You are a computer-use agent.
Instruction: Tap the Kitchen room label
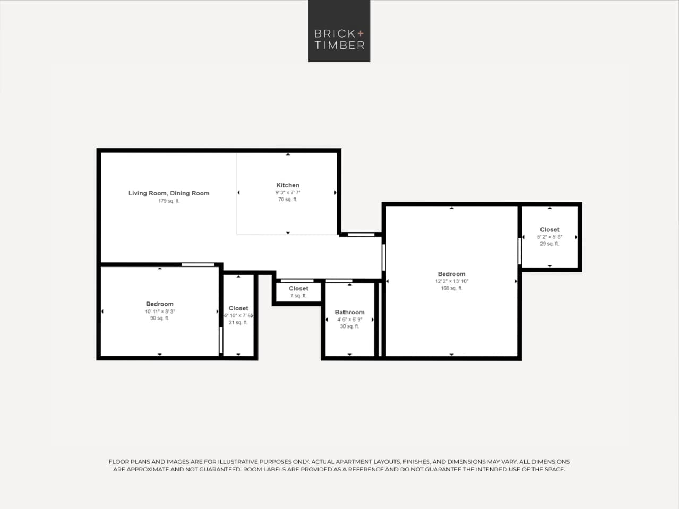click(288, 185)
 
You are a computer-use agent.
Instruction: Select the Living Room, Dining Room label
click(169, 193)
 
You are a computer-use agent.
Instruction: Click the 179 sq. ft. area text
click(169, 201)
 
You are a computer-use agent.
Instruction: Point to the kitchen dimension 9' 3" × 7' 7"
click(288, 193)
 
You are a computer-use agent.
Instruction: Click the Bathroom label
click(349, 312)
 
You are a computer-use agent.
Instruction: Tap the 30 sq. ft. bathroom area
click(349, 326)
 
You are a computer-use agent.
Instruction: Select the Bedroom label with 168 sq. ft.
click(451, 274)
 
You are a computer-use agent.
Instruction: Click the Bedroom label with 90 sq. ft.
click(160, 304)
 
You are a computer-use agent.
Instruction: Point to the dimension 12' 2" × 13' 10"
click(451, 281)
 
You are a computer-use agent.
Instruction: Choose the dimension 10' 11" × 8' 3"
click(160, 312)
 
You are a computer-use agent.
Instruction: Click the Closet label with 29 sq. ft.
click(549, 230)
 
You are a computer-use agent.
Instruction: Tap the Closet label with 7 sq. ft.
click(298, 288)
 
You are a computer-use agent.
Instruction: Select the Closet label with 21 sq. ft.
click(238, 308)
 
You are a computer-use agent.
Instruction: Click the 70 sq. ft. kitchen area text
click(288, 200)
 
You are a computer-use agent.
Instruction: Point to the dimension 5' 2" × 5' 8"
click(549, 237)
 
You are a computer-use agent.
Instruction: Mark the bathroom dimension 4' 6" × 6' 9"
click(349, 320)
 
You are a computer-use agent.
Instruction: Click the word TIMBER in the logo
click(339, 45)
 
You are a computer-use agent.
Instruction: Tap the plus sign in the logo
click(361, 33)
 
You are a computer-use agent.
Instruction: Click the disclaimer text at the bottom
click(339, 465)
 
